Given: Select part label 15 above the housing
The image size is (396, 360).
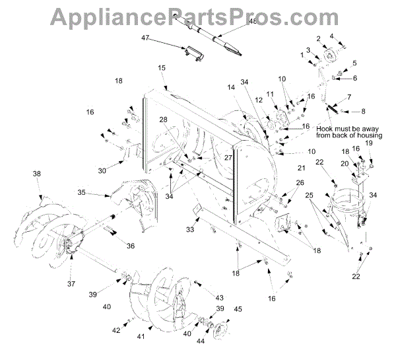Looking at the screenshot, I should pyautogui.click(x=161, y=69).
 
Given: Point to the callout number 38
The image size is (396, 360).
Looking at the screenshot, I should pyautogui.click(x=37, y=174).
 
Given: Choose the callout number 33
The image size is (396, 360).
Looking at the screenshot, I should pyautogui.click(x=189, y=229).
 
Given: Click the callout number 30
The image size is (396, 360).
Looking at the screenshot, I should pyautogui.click(x=102, y=170).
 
